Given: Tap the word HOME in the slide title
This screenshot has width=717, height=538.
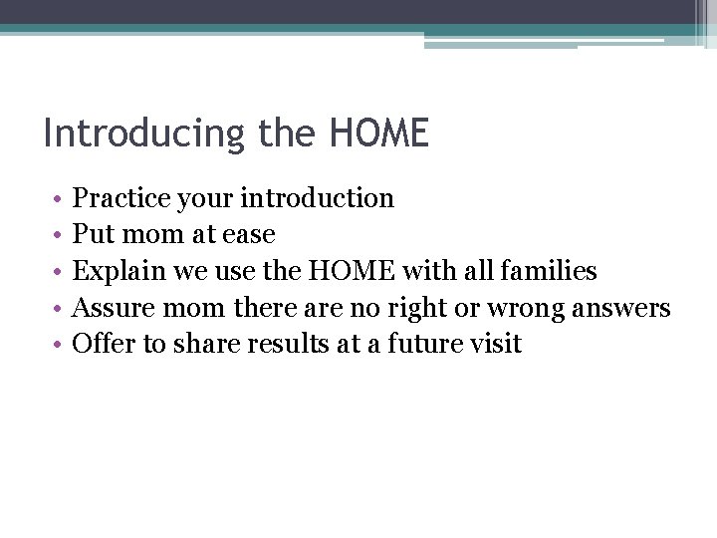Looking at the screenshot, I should (x=377, y=133).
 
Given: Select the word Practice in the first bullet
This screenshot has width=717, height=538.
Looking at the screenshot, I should (x=121, y=198).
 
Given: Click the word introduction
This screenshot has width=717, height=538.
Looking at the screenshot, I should (x=319, y=198).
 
